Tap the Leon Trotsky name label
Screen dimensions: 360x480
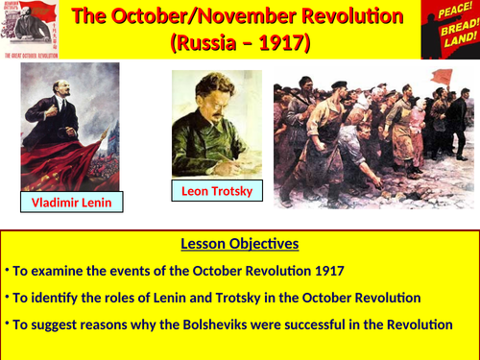coord(218,192)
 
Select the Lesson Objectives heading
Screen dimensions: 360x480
coord(239,243)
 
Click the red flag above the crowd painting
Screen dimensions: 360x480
coord(442,75)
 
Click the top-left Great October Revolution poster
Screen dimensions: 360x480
coord(35,29)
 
